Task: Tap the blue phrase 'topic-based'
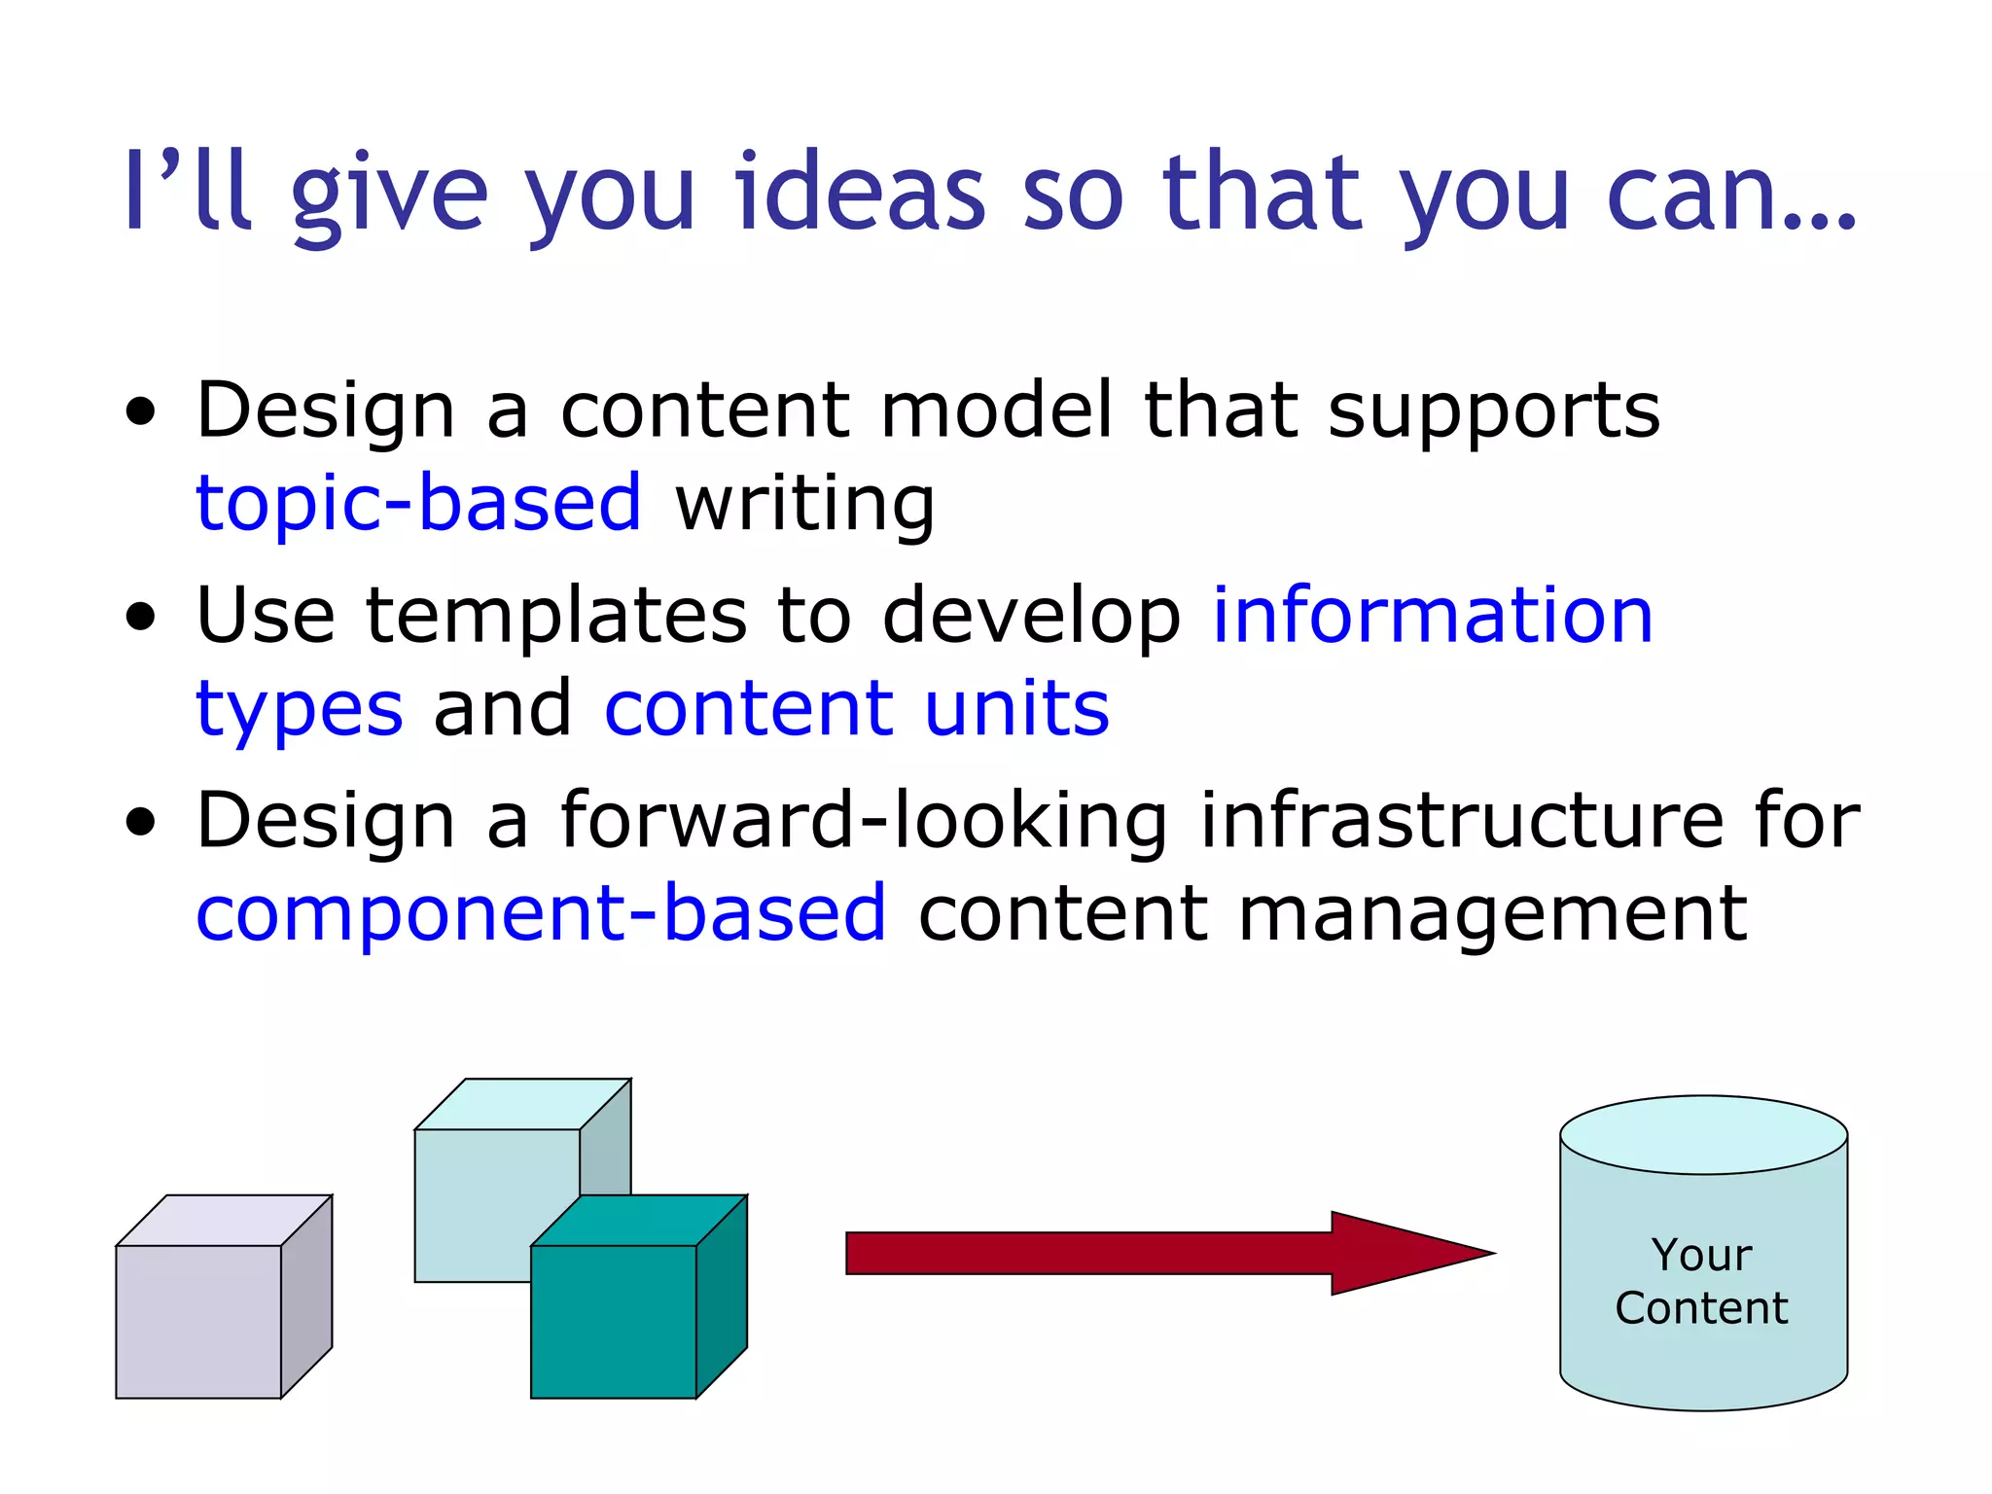418,503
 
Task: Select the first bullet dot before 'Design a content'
141,411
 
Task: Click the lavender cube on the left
199,1321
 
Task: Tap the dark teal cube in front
614,1321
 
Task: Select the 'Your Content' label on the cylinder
1701,1281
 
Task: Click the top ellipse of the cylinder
1703,1134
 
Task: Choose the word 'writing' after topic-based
805,505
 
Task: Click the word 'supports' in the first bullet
1494,411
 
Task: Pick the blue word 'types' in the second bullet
300,710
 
